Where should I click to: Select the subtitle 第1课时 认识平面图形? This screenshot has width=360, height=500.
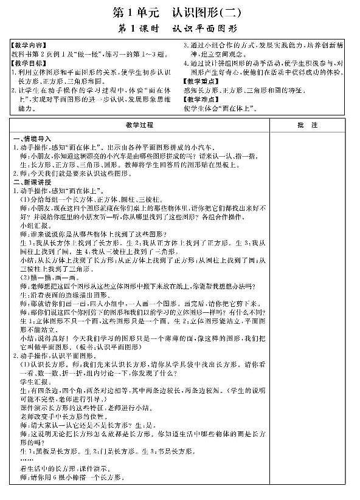pos(179,28)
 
